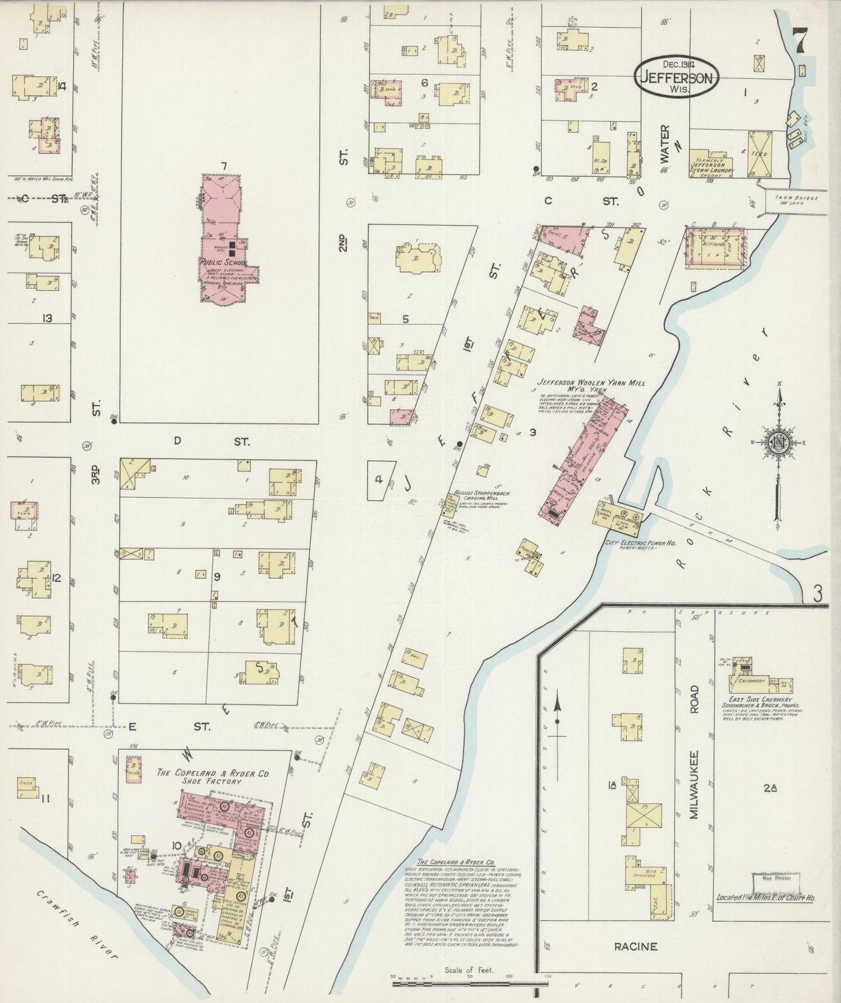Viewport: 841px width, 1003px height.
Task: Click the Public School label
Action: tap(223, 263)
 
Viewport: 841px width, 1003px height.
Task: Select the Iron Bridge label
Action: tap(797, 199)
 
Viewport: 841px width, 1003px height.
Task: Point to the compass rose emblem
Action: tap(780, 441)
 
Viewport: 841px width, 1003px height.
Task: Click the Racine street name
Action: tap(636, 946)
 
